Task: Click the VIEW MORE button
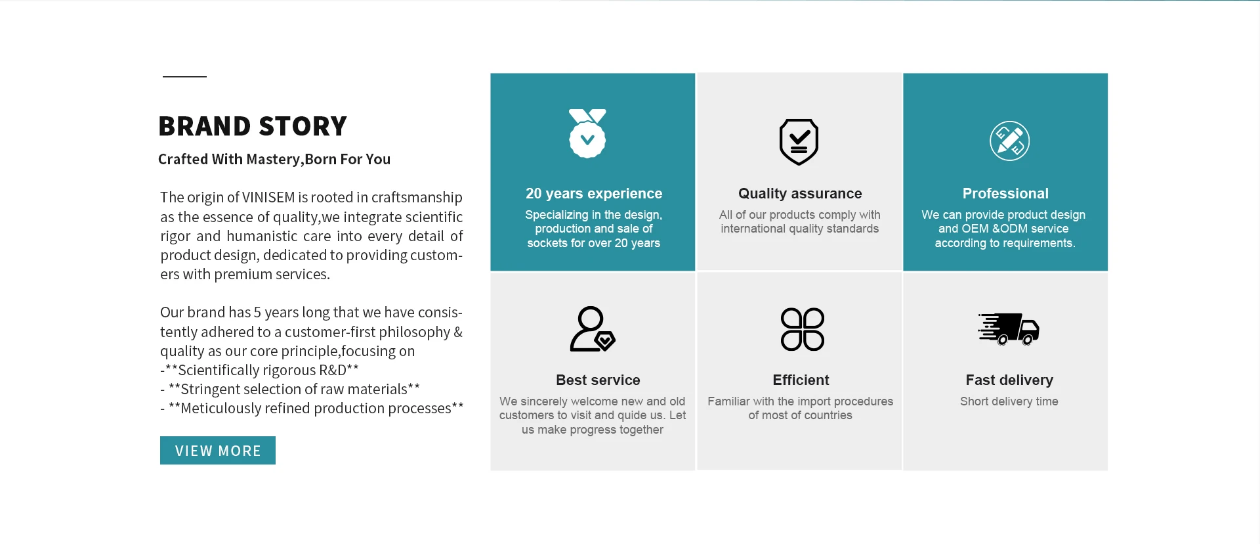pyautogui.click(x=218, y=450)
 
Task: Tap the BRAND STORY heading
pyautogui.click(x=253, y=126)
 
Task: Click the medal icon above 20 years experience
pyautogui.click(x=587, y=133)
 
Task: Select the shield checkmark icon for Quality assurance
pyautogui.click(x=799, y=142)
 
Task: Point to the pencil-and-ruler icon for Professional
pyautogui.click(x=1009, y=141)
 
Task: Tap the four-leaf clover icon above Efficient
pyautogui.click(x=803, y=329)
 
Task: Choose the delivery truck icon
pyautogui.click(x=1009, y=329)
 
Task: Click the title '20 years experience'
pyautogui.click(x=594, y=194)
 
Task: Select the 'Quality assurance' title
pyautogui.click(x=800, y=194)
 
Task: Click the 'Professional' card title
pyautogui.click(x=1005, y=194)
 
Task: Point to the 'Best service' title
pyautogui.click(x=598, y=380)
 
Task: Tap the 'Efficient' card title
pyautogui.click(x=801, y=380)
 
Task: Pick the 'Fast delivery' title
pyautogui.click(x=1009, y=380)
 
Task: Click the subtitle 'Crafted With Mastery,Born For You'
pyautogui.click(x=274, y=160)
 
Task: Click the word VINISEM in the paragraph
pyautogui.click(x=268, y=198)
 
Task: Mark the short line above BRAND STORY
pyautogui.click(x=184, y=77)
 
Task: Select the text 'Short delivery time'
pyautogui.click(x=1009, y=401)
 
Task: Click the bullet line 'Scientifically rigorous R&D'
pyautogui.click(x=259, y=371)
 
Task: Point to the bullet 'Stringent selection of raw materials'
pyautogui.click(x=290, y=390)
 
